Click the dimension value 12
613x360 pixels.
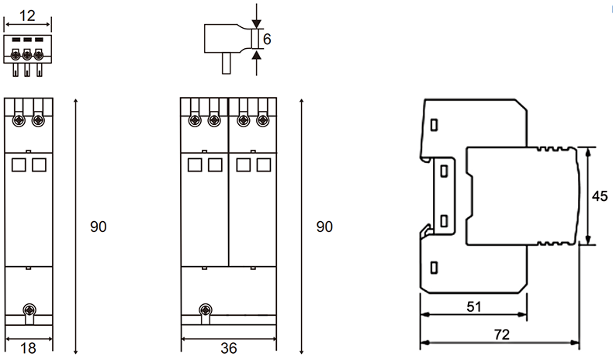(x=27, y=16)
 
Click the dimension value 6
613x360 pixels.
(x=267, y=39)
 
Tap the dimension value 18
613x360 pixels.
(x=28, y=348)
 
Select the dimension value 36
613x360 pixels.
(x=228, y=348)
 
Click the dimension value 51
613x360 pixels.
(x=473, y=306)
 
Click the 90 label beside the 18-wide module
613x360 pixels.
(x=98, y=227)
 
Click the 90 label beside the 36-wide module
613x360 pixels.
(x=324, y=227)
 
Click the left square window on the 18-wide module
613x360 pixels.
(x=19, y=164)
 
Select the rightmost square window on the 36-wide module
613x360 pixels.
(x=263, y=164)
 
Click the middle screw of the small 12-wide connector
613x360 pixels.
(x=27, y=55)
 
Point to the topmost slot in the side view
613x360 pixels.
(x=435, y=124)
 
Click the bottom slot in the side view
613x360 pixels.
(x=435, y=268)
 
